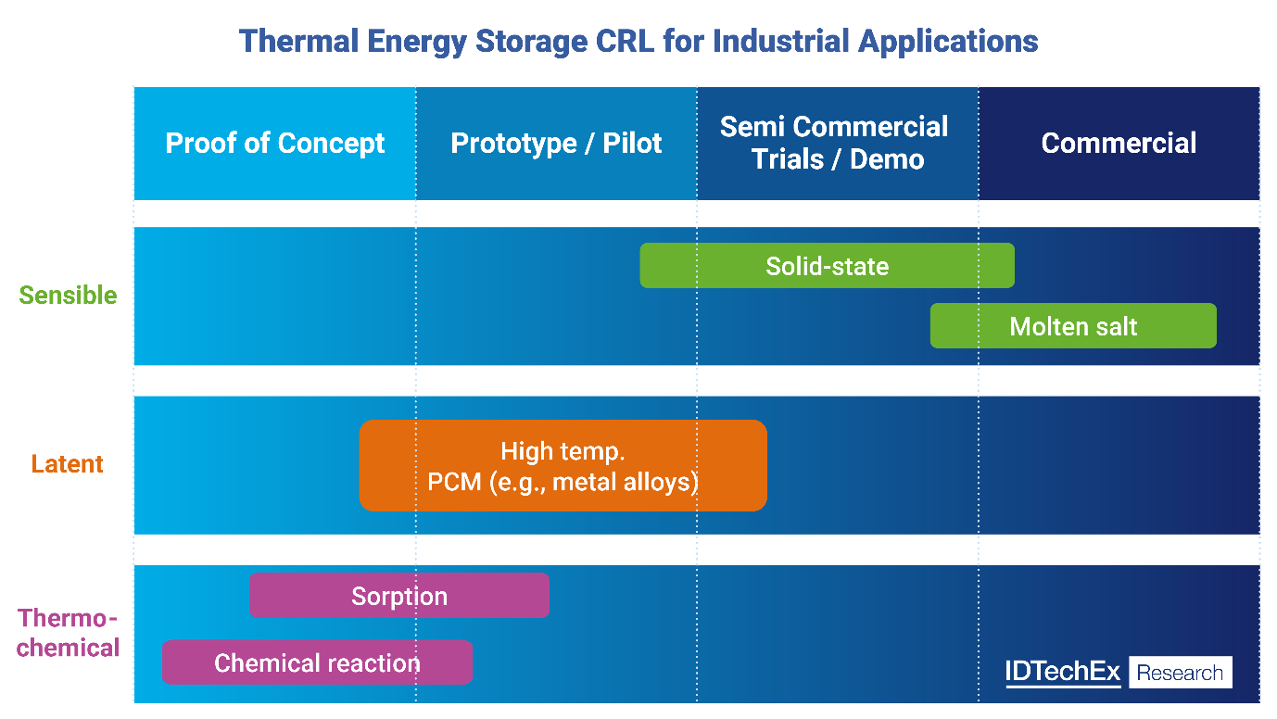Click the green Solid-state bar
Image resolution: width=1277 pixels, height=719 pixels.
827,266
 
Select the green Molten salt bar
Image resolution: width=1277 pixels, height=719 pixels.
1073,326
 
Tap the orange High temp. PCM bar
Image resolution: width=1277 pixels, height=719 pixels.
563,466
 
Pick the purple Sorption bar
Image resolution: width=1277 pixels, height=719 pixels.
399,596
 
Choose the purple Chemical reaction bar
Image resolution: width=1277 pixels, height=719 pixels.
317,662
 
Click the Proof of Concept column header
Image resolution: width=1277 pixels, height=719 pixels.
275,144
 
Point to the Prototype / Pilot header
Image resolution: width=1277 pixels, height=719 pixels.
556,144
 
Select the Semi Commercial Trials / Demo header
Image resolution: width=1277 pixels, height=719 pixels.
837,143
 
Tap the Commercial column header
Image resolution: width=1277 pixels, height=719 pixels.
1119,144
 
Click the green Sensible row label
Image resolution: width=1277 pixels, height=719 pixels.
69,296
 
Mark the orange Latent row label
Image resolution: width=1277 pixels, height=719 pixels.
68,464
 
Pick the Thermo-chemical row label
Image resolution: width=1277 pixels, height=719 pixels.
69,633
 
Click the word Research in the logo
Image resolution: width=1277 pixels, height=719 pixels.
1181,673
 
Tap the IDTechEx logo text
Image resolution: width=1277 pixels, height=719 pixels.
1063,673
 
